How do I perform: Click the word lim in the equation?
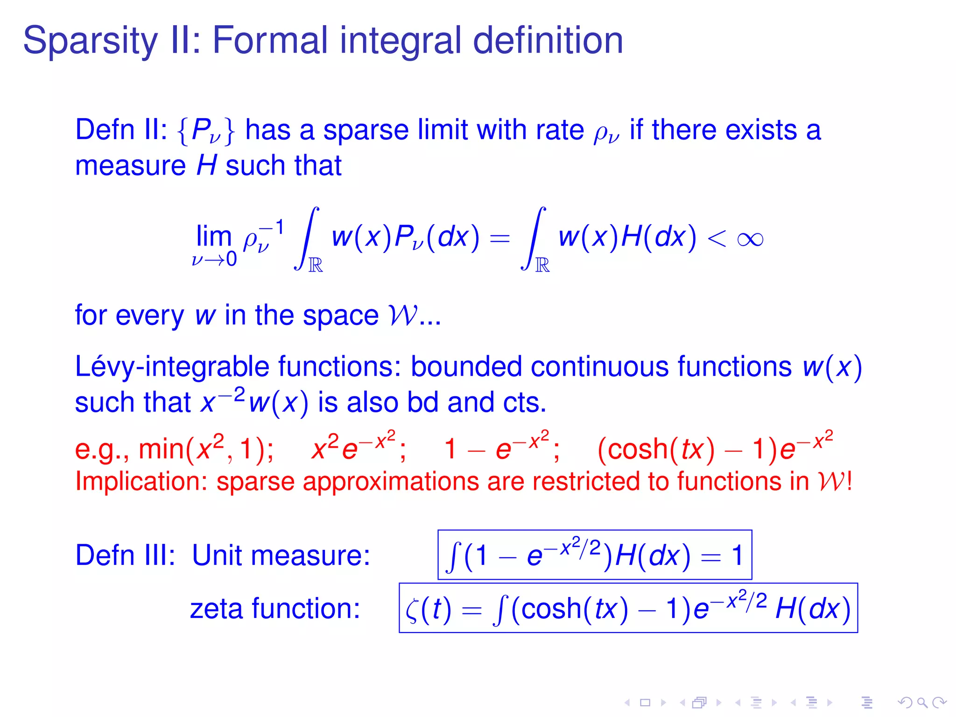click(214, 236)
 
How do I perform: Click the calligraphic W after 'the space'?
click(403, 316)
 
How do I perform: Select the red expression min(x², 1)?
click(205, 449)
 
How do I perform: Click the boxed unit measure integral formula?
click(594, 555)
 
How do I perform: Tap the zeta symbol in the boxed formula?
click(412, 610)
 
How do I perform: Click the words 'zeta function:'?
click(275, 609)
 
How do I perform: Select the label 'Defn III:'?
click(125, 555)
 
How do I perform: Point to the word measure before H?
click(130, 166)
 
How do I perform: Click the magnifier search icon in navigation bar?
click(922, 703)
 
